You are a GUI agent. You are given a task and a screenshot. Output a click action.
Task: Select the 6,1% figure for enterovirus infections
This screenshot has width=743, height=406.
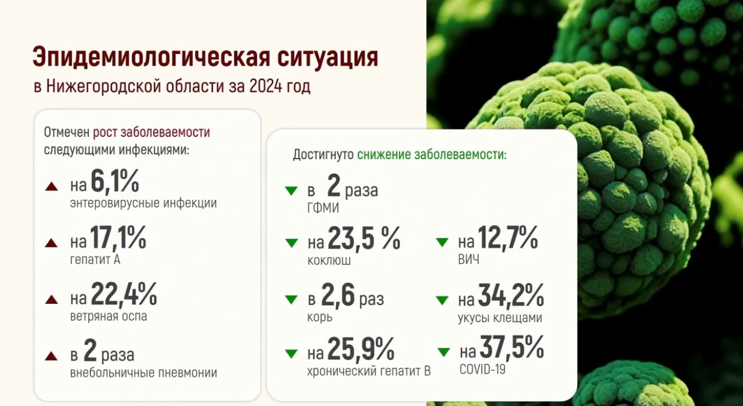click(x=115, y=181)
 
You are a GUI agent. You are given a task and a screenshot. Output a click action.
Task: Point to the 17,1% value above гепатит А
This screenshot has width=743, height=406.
click(x=118, y=238)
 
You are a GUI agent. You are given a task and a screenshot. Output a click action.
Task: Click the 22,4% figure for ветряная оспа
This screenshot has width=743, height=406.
click(x=124, y=294)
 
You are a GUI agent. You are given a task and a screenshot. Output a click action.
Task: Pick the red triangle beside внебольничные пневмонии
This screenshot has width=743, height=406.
click(x=52, y=356)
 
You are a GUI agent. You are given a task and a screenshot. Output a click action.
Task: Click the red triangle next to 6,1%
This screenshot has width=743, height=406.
click(x=52, y=186)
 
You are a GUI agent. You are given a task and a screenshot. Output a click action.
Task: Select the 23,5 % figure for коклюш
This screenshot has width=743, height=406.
click(x=364, y=238)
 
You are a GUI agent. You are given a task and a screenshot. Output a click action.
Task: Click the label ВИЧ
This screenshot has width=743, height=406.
click(x=468, y=259)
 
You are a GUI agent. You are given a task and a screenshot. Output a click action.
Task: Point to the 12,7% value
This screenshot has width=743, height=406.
click(x=508, y=238)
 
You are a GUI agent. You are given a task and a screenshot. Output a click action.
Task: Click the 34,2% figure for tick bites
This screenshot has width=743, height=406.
click(x=511, y=295)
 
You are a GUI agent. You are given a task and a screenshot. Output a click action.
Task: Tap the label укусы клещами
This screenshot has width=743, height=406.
click(x=500, y=318)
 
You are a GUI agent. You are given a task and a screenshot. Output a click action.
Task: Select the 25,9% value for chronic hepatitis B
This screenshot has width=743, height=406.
click(x=361, y=348)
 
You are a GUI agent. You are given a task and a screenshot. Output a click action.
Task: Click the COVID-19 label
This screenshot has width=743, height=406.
click(x=482, y=369)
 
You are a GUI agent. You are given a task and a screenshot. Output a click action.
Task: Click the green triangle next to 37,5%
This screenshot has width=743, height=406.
click(x=444, y=352)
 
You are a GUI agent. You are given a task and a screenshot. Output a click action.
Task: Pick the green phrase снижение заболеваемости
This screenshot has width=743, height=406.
click(x=432, y=155)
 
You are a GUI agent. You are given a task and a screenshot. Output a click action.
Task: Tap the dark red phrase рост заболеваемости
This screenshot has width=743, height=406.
click(x=152, y=132)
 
